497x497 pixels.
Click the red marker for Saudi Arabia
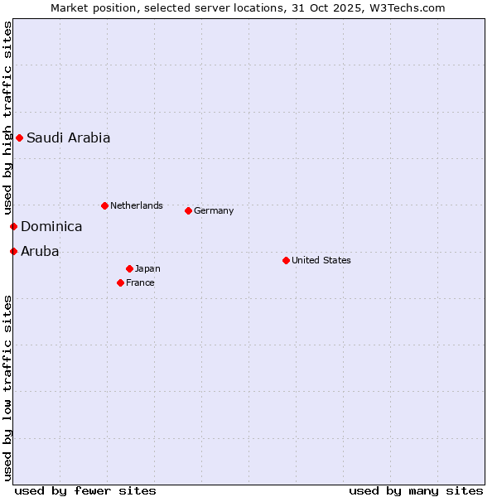(19, 138)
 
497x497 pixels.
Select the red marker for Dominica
(13, 226)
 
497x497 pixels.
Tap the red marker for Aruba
(13, 251)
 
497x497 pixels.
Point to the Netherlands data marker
(104, 205)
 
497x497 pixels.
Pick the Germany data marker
(188, 210)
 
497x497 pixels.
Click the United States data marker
(286, 260)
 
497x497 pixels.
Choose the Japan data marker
(129, 268)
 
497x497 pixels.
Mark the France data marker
(120, 282)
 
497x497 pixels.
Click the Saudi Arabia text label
(68, 138)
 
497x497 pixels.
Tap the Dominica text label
(51, 227)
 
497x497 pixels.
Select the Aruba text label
(40, 252)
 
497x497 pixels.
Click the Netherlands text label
(137, 205)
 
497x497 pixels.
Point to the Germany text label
(214, 210)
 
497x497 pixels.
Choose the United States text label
(321, 260)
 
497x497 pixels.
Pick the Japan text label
(147, 268)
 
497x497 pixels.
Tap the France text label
(140, 282)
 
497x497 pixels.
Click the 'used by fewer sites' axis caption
(85, 490)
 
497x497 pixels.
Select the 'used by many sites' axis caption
(416, 490)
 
